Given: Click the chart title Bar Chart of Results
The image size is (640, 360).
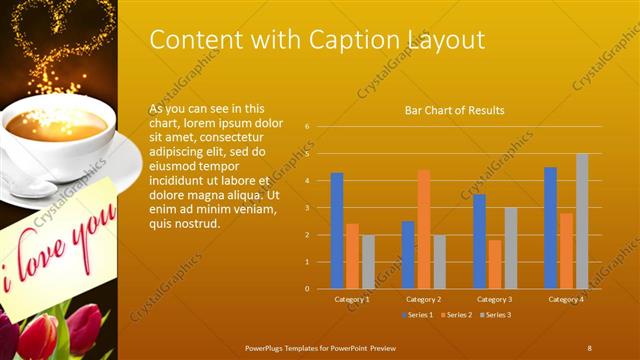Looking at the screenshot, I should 454,110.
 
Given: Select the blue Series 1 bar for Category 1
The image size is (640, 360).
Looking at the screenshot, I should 337,230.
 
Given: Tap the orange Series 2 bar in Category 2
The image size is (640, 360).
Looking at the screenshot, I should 424,228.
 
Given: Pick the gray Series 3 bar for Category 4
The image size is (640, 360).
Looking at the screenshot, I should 582,220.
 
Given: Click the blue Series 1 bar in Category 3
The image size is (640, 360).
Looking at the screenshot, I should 479,241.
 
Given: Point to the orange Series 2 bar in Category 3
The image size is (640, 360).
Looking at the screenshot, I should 495,264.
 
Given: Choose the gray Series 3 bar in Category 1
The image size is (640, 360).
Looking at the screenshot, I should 368,261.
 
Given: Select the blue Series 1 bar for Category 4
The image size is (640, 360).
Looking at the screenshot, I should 550,227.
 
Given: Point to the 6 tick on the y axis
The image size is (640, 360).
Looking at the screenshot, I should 308,127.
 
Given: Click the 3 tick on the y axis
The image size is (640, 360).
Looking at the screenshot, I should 308,208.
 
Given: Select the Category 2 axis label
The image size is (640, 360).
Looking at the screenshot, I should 424,299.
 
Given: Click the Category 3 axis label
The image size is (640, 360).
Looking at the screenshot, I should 495,299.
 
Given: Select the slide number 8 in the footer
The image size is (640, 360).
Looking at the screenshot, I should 590,347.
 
